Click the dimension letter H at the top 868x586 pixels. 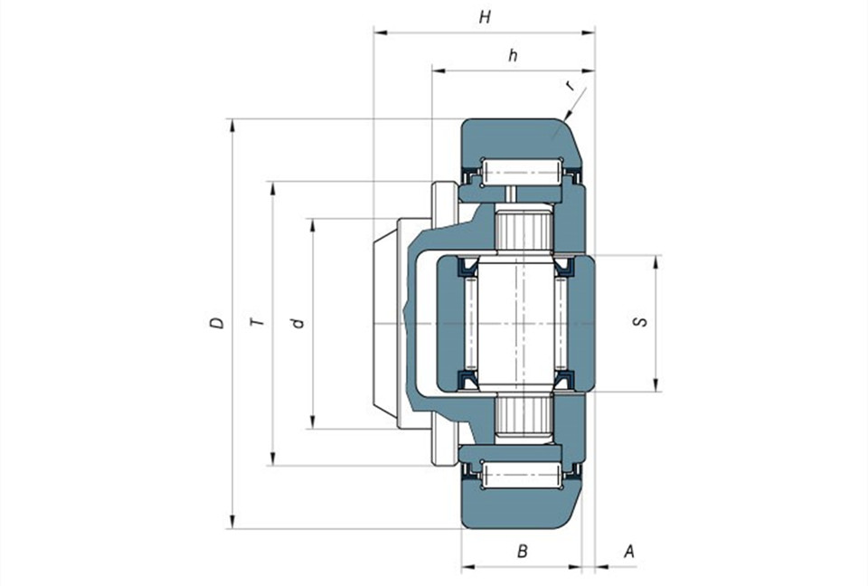pos(485,18)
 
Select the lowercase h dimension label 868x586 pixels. pos(514,55)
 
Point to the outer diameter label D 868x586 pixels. pos(218,323)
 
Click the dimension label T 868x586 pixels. pos(258,322)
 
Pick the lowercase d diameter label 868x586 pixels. pos(298,322)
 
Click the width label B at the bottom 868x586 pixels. pos(522,552)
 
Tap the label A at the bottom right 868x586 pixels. pos(629,552)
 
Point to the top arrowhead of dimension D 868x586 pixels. pos(232,126)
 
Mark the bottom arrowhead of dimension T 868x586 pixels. pos(272,458)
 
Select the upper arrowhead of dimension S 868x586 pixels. pos(656,262)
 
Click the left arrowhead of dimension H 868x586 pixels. pos(381,33)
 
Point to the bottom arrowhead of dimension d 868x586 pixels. pos(313,422)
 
